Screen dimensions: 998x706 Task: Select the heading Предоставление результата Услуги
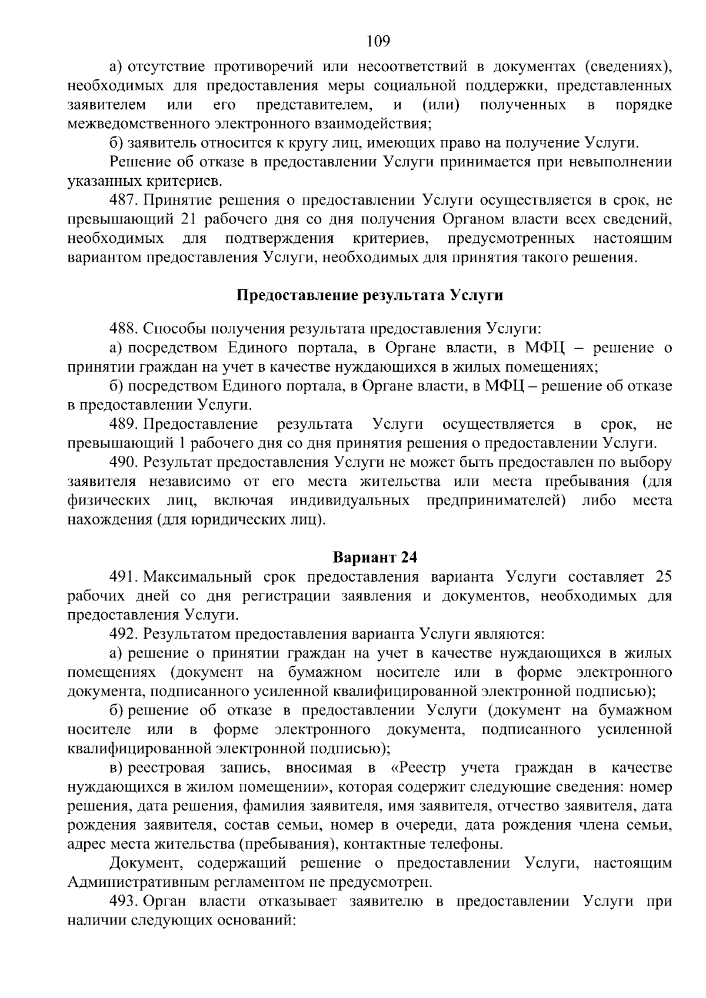click(x=369, y=295)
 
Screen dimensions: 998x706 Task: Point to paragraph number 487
click(x=124, y=201)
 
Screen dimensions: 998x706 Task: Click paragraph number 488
click(x=124, y=328)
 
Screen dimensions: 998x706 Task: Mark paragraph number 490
click(x=124, y=462)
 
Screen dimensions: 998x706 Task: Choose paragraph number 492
click(x=124, y=634)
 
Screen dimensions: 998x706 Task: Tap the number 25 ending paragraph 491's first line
click(x=662, y=576)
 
